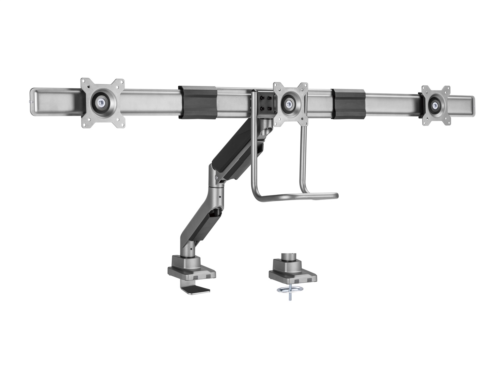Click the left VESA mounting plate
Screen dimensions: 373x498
coord(103,103)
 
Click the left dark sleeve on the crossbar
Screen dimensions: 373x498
coord(197,102)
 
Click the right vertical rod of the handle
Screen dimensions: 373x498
coord(303,159)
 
